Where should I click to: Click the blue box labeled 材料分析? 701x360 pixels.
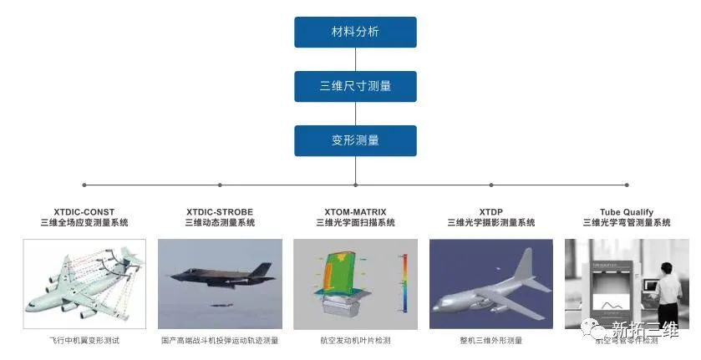(355, 32)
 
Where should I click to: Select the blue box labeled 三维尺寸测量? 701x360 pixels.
(355, 86)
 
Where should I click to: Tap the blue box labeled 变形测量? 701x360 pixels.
(355, 140)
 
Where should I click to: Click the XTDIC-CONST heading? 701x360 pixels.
(84, 212)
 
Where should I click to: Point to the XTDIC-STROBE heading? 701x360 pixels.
(220, 212)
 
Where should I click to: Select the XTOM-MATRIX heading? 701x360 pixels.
(355, 212)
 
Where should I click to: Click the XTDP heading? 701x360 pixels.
(490, 212)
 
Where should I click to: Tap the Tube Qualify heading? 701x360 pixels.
(626, 212)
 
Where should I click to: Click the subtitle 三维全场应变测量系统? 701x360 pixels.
(84, 223)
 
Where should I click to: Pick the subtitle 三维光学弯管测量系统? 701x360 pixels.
(626, 223)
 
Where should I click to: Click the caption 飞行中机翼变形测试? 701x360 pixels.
(84, 341)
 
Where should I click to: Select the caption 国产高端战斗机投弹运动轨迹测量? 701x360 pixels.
(220, 341)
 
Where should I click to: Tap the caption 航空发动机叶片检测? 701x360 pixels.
(355, 341)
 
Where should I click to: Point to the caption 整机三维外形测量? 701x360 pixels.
(490, 341)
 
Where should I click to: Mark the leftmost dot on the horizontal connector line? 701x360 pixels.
(84, 185)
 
